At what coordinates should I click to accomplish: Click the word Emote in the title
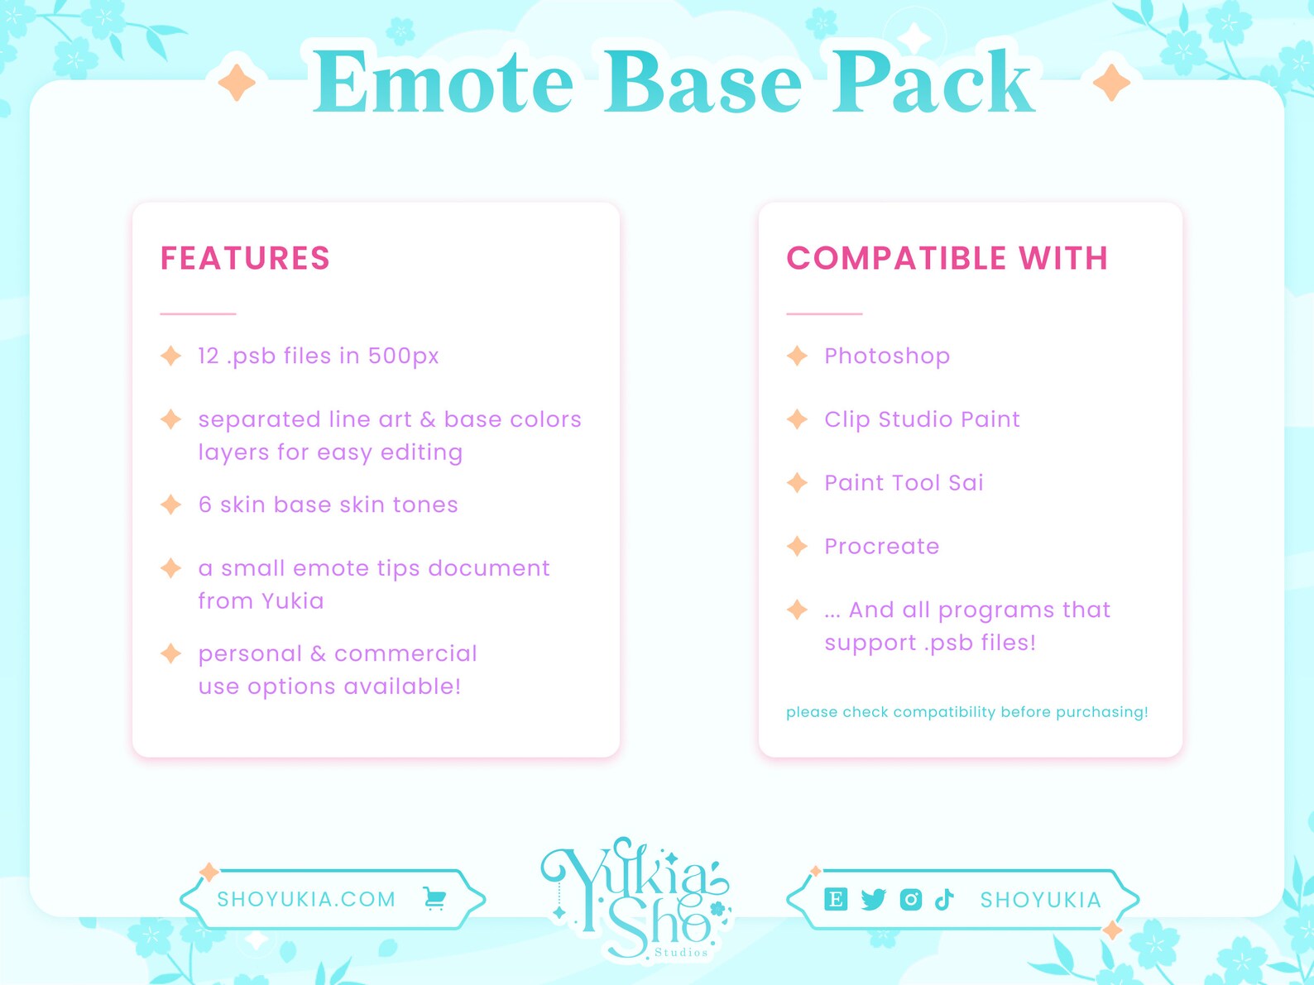443,83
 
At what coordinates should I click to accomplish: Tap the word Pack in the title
933,83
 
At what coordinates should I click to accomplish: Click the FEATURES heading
245,259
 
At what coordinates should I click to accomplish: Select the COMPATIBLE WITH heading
947,259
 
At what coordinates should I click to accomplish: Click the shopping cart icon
434,898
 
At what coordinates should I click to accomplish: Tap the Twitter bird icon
873,899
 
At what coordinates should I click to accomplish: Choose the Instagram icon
910,899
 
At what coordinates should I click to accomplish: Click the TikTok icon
944,899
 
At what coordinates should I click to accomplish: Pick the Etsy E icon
836,899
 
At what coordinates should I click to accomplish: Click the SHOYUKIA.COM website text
306,899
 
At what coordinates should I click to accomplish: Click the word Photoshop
887,356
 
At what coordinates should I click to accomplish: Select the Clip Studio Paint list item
922,419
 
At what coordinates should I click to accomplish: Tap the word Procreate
881,547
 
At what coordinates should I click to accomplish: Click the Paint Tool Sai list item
904,483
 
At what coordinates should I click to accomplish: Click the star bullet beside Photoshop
797,356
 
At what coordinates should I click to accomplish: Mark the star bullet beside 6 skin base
170,504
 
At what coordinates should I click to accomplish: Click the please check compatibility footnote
966,712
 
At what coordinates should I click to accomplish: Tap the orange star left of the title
237,83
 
